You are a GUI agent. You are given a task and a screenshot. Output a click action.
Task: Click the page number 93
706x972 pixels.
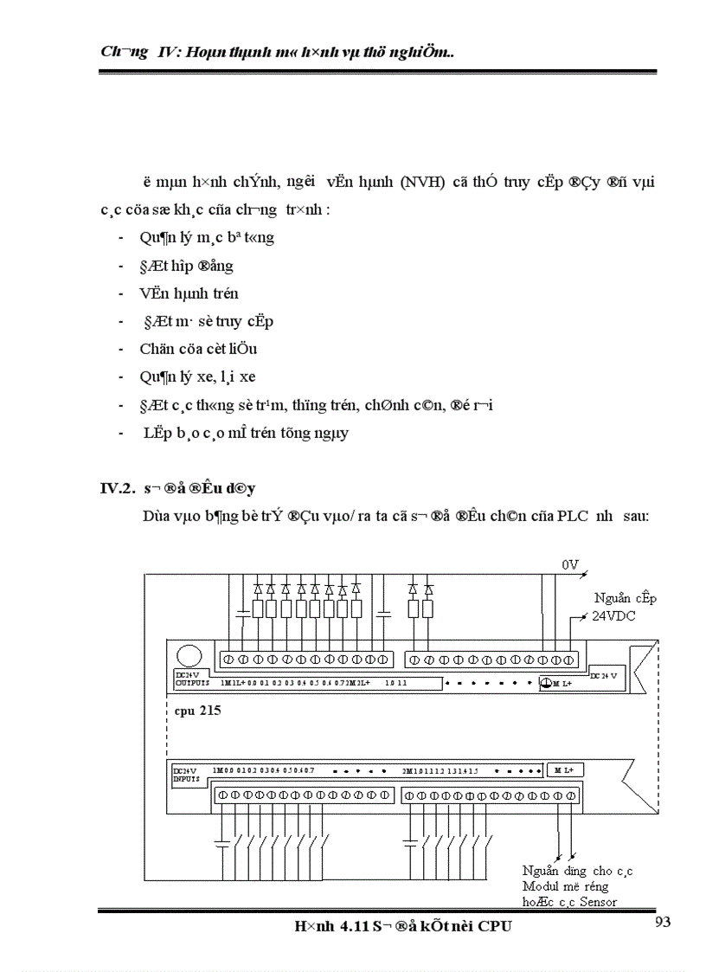[663, 921]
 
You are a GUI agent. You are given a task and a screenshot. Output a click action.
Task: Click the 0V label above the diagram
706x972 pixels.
[570, 564]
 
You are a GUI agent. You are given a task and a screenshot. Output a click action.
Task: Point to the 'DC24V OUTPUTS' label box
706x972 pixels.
[189, 679]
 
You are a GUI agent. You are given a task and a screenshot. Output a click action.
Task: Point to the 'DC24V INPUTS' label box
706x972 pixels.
[186, 774]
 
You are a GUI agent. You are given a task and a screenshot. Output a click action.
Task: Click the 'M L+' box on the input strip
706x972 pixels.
[566, 769]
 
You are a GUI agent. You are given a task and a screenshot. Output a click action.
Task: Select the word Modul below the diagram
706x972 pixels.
[542, 886]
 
